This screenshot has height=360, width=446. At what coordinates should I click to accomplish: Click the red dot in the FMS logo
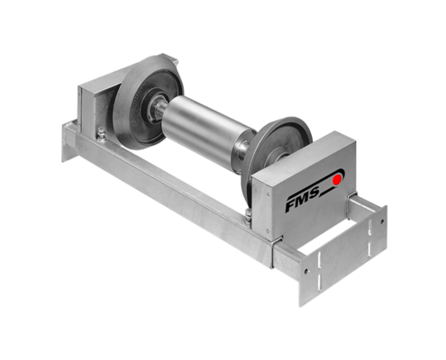(x=337, y=179)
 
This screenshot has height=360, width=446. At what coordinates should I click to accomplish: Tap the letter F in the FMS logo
(x=290, y=205)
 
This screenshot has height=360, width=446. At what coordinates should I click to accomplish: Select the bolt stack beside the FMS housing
(x=248, y=219)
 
